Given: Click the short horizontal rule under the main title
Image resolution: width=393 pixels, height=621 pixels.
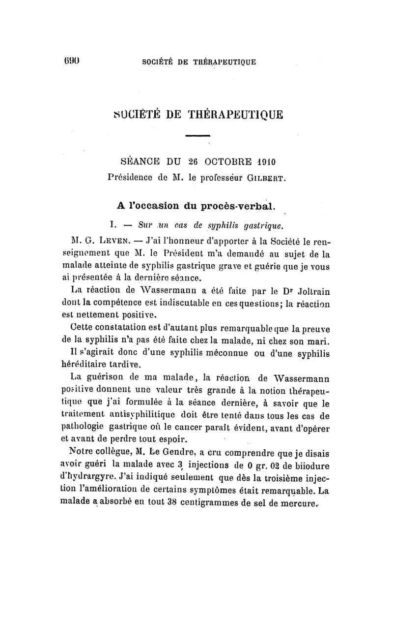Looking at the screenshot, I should click(x=198, y=136).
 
